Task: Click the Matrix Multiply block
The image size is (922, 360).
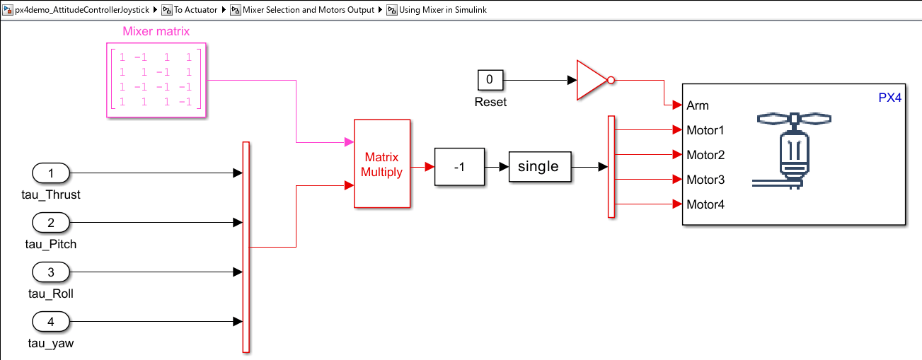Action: [x=382, y=164]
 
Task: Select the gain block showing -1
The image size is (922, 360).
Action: [x=459, y=167]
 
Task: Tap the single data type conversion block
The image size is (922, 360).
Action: [x=540, y=167]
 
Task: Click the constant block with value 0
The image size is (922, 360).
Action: [x=490, y=80]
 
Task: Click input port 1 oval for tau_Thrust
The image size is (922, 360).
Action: [x=51, y=173]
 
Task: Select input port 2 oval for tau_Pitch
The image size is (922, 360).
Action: [x=51, y=223]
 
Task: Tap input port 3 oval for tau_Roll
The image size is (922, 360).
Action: [x=51, y=272]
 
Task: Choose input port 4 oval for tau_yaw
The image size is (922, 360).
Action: [x=51, y=321]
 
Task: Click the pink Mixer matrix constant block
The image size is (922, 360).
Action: [x=156, y=80]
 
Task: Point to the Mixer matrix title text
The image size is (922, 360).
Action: [x=156, y=31]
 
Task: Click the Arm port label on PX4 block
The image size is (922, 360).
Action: [x=697, y=106]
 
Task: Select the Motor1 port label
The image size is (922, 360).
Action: [x=705, y=130]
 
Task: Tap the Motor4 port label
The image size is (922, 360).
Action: [x=705, y=204]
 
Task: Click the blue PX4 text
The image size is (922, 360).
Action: [x=890, y=98]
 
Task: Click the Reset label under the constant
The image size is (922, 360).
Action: [x=490, y=102]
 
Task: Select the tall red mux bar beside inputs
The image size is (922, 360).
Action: [x=246, y=248]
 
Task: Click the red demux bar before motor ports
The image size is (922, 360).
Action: [x=611, y=167]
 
